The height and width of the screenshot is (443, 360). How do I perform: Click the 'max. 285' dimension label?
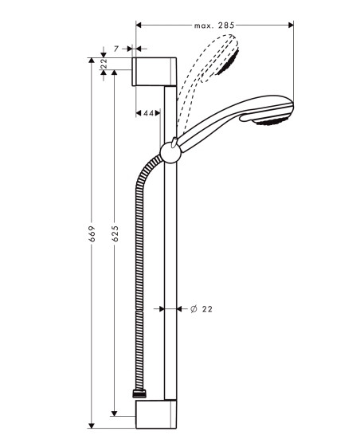click(x=214, y=25)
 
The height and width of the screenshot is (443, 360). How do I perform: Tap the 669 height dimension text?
click(x=92, y=233)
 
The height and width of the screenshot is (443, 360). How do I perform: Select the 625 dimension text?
click(x=115, y=233)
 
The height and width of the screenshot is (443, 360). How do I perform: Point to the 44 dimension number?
click(x=148, y=113)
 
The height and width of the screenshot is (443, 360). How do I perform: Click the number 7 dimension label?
click(x=116, y=49)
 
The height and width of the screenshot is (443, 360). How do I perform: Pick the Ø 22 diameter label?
click(x=202, y=309)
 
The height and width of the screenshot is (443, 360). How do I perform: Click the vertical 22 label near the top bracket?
click(x=104, y=64)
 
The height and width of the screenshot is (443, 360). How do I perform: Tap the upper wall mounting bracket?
click(x=155, y=72)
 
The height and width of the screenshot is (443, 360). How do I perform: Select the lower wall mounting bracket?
click(x=156, y=414)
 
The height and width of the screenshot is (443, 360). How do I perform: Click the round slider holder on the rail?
click(x=170, y=153)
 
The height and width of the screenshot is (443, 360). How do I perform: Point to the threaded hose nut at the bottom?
click(x=139, y=394)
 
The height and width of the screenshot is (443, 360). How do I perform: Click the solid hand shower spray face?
click(x=272, y=121)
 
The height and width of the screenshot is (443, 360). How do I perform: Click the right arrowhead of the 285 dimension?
click(x=291, y=25)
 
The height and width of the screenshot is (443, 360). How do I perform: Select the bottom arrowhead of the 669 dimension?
click(x=92, y=425)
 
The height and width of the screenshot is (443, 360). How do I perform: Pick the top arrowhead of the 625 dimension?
click(x=114, y=73)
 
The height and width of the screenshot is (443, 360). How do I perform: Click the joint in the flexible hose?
click(x=139, y=311)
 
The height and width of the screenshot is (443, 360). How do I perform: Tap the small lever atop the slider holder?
click(x=174, y=142)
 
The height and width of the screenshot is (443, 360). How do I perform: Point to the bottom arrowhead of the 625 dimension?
click(x=114, y=413)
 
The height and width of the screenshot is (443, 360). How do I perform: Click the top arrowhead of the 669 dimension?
click(x=92, y=61)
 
